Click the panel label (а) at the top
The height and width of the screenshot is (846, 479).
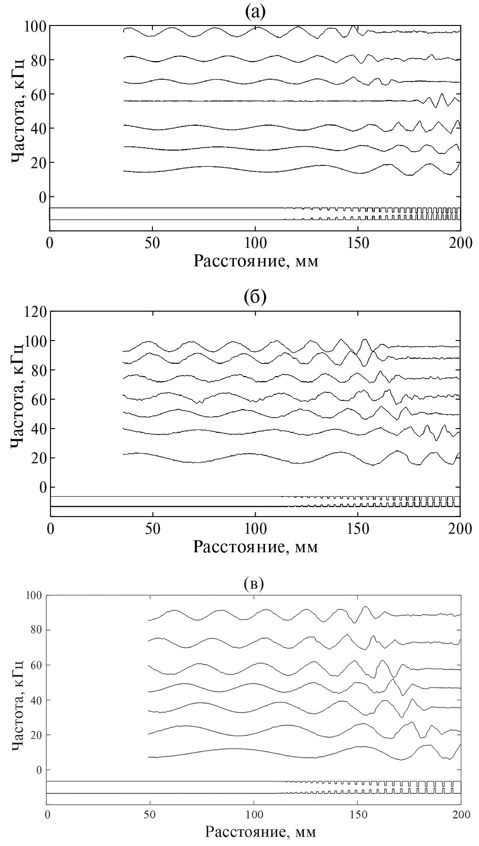255,12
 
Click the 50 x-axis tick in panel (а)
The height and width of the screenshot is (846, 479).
152,243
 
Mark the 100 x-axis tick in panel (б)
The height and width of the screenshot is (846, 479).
255,529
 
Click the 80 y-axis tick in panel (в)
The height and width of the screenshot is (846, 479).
38,630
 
